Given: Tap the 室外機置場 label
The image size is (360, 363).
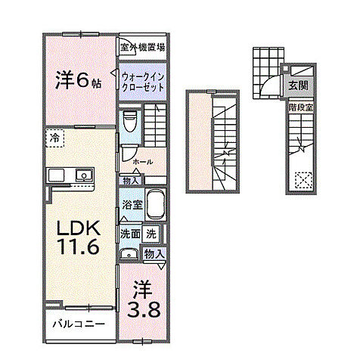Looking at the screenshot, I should click(x=143, y=48).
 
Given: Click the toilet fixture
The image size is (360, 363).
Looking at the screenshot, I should click(x=130, y=121).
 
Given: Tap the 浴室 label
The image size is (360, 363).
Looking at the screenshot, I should click(x=129, y=205).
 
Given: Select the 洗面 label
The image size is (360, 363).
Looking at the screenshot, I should click(x=130, y=234).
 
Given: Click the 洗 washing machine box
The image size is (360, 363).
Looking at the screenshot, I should click(x=152, y=234).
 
